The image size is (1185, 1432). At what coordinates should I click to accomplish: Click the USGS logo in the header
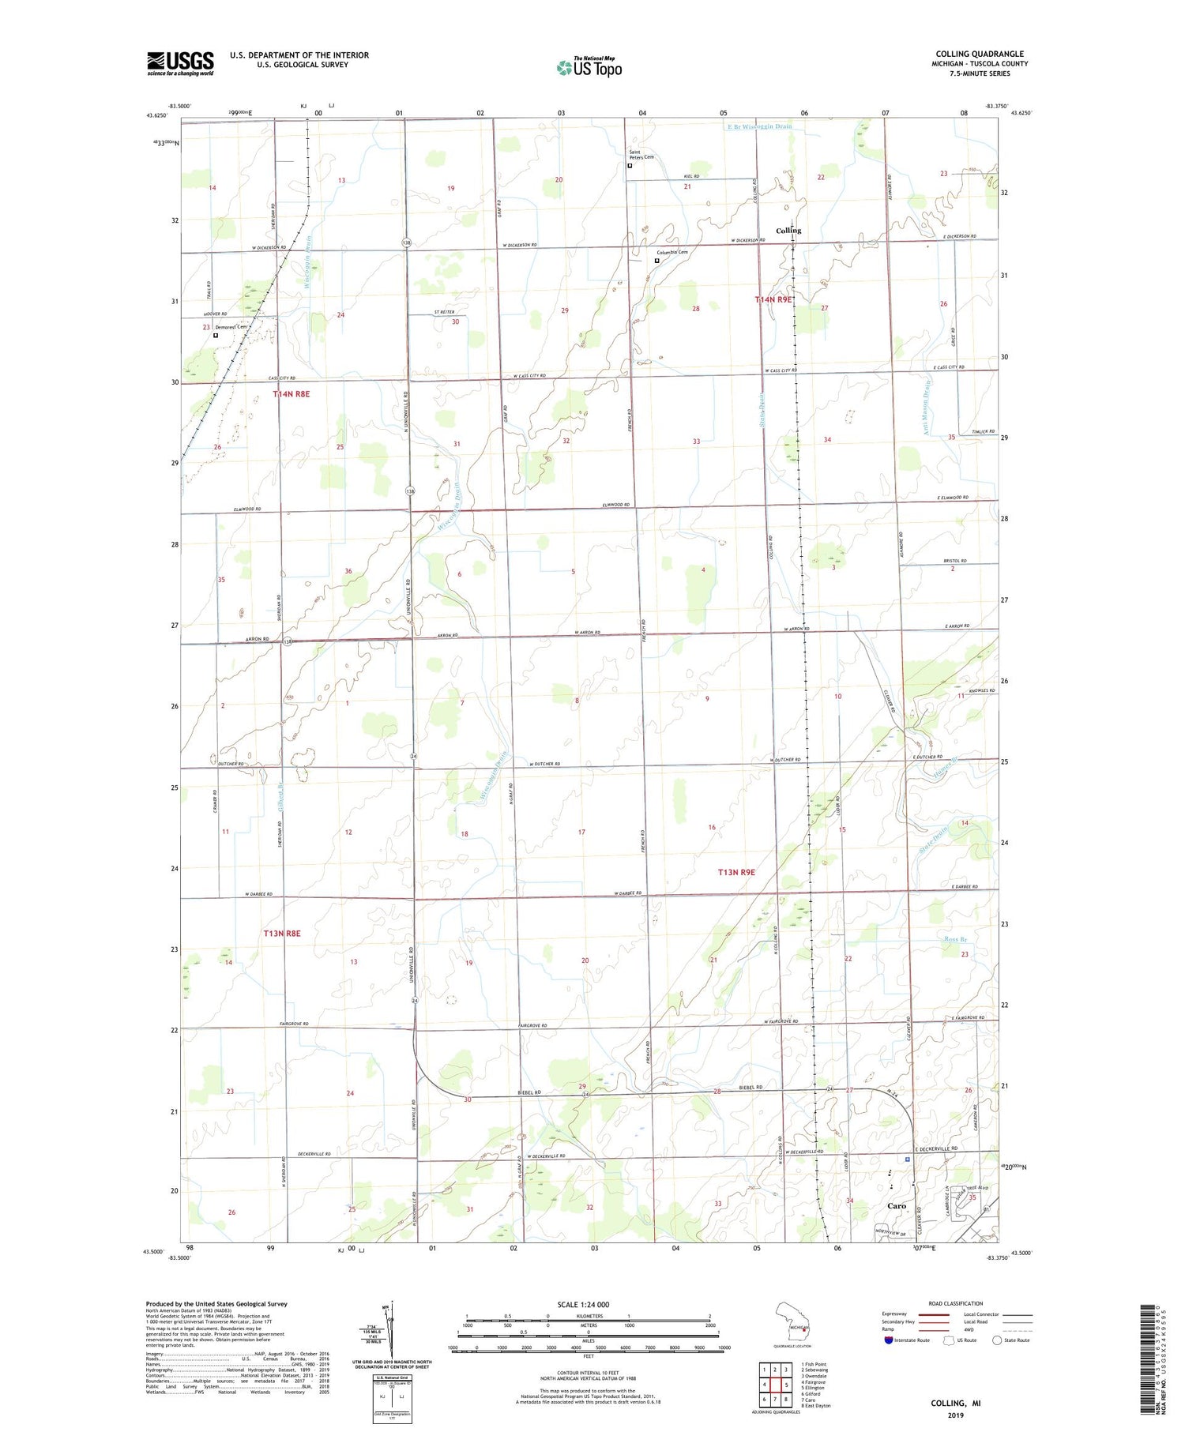pyautogui.click(x=180, y=63)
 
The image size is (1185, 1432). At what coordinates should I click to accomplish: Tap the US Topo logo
pyautogui.click(x=589, y=68)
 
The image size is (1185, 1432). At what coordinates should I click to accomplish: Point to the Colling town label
pyautogui.click(x=788, y=231)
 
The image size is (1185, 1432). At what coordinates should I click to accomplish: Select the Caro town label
pyautogui.click(x=897, y=1206)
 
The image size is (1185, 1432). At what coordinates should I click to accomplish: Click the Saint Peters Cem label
pyautogui.click(x=641, y=155)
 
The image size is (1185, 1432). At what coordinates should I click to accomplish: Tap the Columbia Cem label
pyautogui.click(x=671, y=252)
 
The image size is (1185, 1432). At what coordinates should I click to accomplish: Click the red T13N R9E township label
pyautogui.click(x=736, y=872)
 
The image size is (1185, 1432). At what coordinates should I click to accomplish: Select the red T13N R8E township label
pyautogui.click(x=282, y=933)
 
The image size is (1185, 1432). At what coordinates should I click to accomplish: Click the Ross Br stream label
pyautogui.click(x=956, y=939)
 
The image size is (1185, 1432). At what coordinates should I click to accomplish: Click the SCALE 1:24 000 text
pyautogui.click(x=583, y=1304)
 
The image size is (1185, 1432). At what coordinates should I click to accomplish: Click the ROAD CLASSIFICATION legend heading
pyautogui.click(x=956, y=1303)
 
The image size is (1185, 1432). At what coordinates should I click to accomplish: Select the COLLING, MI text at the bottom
pyautogui.click(x=955, y=1404)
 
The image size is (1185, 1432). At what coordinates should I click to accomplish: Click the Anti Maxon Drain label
pyautogui.click(x=929, y=407)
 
